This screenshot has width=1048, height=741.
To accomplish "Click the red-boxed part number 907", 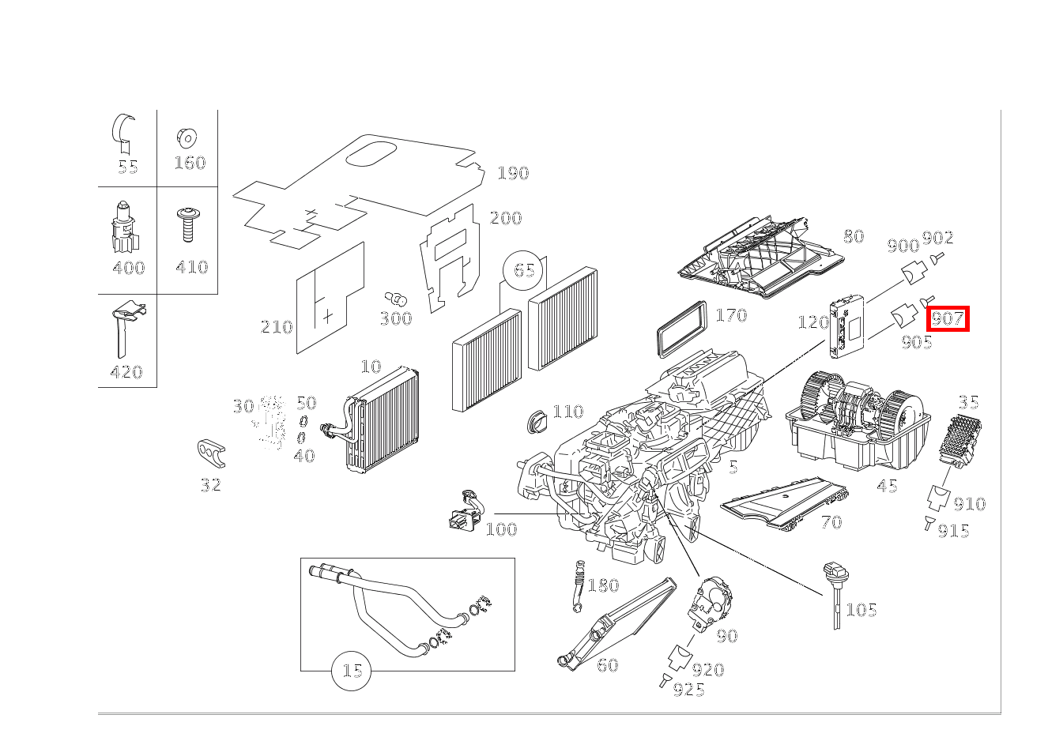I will pyautogui.click(x=947, y=319).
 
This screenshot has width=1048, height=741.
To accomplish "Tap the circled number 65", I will pyautogui.click(x=524, y=270).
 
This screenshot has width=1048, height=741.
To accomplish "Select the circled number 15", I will pyautogui.click(x=352, y=671).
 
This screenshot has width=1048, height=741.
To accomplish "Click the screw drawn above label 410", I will pyautogui.click(x=188, y=225).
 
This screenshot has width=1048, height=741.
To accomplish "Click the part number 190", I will pyautogui.click(x=513, y=173).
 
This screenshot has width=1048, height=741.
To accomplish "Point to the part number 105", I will pyautogui.click(x=861, y=609).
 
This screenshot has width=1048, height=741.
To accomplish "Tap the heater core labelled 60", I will pyautogui.click(x=617, y=624).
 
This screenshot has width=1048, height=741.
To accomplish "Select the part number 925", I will pyautogui.click(x=688, y=690).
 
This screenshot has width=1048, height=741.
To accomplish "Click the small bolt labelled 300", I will pyautogui.click(x=395, y=299).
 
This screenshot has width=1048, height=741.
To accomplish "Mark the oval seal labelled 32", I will pyautogui.click(x=211, y=453).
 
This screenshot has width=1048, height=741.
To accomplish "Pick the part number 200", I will pyautogui.click(x=506, y=218).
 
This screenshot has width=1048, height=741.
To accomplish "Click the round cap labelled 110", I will pyautogui.click(x=539, y=420).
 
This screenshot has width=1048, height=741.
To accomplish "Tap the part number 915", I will pyautogui.click(x=953, y=531).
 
